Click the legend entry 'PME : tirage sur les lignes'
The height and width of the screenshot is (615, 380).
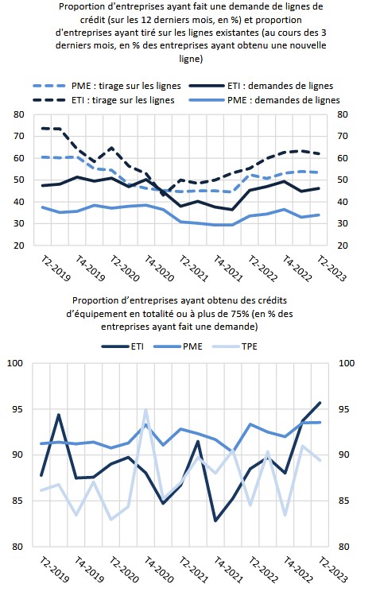point(107,86)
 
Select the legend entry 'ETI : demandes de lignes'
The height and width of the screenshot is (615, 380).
point(261,86)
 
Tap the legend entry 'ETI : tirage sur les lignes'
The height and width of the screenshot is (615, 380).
point(103,100)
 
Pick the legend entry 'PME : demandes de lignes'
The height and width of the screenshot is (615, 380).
point(264,100)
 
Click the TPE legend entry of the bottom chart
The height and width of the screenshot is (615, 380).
point(235,346)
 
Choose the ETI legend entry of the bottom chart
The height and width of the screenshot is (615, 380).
point(122,346)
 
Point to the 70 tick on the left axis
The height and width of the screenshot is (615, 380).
point(19,136)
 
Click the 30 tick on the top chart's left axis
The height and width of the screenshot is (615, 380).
point(19,223)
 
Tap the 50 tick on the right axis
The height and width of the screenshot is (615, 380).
point(343,180)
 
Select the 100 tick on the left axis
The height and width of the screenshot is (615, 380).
point(15,363)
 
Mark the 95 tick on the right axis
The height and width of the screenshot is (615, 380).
point(344,409)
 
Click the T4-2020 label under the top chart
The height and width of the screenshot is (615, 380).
point(159,269)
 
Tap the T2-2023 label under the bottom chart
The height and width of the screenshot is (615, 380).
point(333,570)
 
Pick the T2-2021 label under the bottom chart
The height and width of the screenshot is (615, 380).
point(193,570)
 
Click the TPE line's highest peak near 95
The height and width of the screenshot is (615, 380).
point(145,410)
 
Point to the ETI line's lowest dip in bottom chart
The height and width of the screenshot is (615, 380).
point(215,520)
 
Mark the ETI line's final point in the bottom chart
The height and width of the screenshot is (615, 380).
point(320,403)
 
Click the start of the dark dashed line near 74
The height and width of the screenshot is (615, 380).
point(43,128)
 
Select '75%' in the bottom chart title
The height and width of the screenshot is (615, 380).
point(239,314)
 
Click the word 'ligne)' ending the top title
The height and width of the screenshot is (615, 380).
point(191,59)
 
